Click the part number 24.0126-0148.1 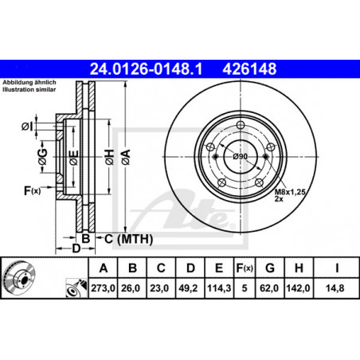coord(146,69)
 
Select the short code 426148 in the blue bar coord(249,69)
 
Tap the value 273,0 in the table coord(103,288)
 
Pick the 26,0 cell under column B coord(131,288)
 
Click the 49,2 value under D coord(188,288)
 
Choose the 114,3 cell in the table coord(219,288)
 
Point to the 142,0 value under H coord(298,288)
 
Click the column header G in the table coord(270,268)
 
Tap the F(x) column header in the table coord(245,268)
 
